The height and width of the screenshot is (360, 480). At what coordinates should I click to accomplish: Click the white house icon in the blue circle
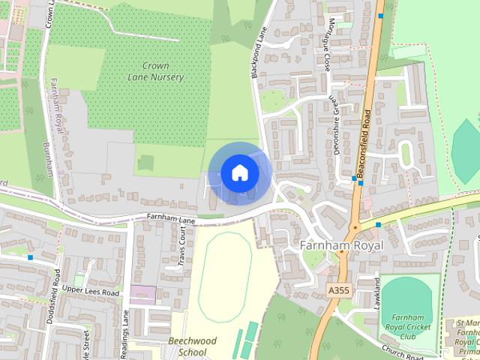(239, 173)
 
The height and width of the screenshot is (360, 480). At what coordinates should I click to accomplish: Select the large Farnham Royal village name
(341, 245)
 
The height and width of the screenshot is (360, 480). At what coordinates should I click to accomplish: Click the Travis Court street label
(181, 248)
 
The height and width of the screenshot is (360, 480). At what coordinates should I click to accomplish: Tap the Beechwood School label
(192, 346)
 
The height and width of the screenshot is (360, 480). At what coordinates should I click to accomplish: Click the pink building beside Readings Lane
(142, 295)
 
